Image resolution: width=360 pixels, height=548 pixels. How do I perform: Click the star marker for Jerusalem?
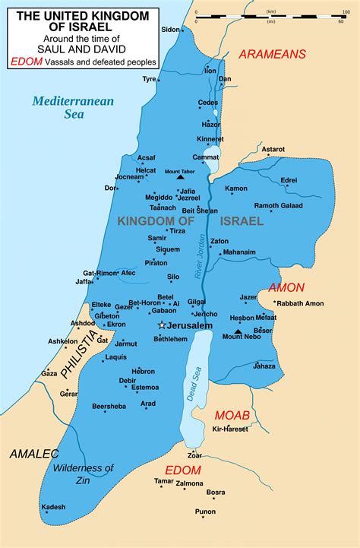pos(161,325)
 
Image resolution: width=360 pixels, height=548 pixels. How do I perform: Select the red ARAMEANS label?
pos(272,54)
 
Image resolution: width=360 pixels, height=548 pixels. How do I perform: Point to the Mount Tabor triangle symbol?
pos(180,178)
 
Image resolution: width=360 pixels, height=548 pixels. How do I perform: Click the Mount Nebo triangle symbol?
pos(238,331)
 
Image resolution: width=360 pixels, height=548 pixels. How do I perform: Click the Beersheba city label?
pos(109,407)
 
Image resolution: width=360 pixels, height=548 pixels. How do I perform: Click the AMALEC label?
pos(33,454)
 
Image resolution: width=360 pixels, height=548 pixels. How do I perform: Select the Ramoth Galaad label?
pos(277,206)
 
